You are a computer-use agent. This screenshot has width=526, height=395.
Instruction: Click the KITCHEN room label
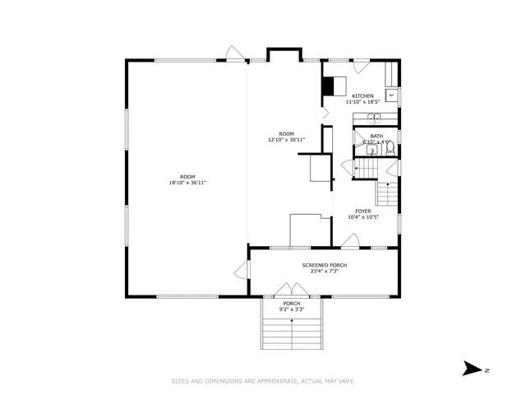pyautogui.click(x=362, y=96)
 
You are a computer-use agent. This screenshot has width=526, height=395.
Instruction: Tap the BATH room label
pyautogui.click(x=376, y=137)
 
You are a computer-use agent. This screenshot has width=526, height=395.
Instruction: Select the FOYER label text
pyautogui.click(x=363, y=211)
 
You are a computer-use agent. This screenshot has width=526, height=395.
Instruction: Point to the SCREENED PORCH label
pyautogui.click(x=324, y=265)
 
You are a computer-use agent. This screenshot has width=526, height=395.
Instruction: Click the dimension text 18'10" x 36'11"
pyautogui.click(x=187, y=183)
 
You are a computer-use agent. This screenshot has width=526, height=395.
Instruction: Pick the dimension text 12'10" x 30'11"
pyautogui.click(x=286, y=140)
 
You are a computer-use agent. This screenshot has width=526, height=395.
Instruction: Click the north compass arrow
pyautogui.click(x=472, y=369)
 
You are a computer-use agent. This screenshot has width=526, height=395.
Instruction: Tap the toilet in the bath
pyautogui.click(x=389, y=149)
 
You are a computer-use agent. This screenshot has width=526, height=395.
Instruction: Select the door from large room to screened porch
pyautogui.click(x=240, y=270)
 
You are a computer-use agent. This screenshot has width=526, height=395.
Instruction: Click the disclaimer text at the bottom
pyautogui.click(x=262, y=380)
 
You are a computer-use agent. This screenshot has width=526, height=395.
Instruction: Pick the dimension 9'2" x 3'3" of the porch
pyautogui.click(x=292, y=309)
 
